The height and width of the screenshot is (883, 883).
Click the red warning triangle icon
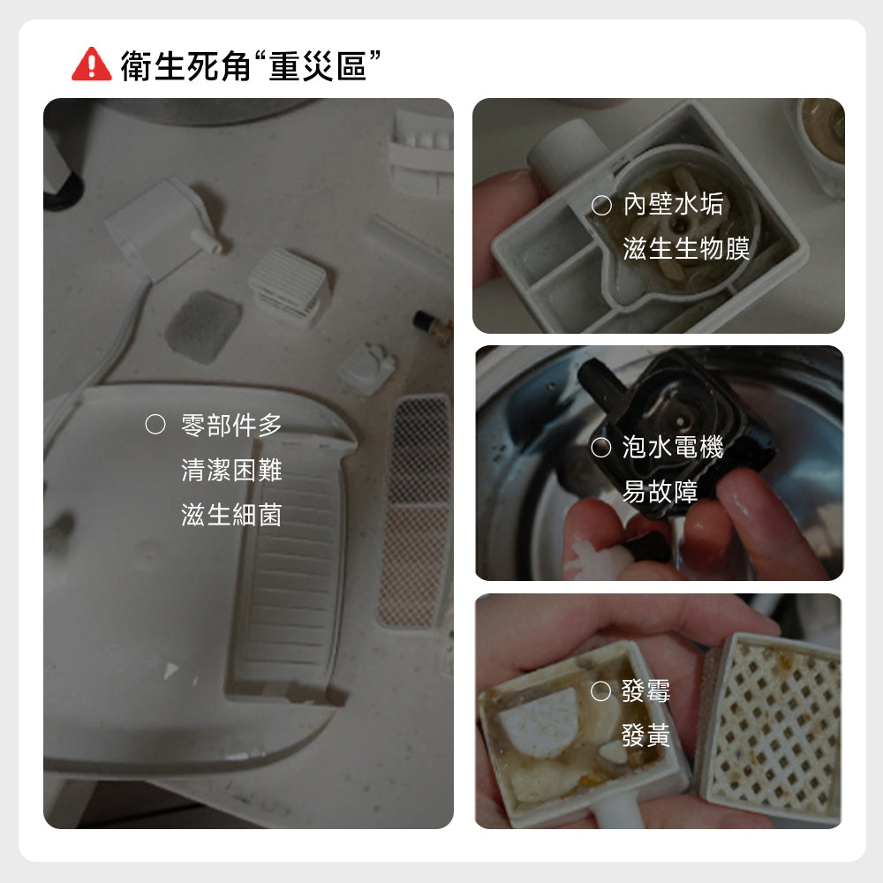(92, 64)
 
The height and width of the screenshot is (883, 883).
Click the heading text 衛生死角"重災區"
(251, 65)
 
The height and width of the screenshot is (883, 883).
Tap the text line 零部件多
(231, 425)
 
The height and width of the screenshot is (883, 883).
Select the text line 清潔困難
(231, 470)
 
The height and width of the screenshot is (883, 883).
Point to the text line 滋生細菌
(231, 515)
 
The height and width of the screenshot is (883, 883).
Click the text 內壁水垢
(673, 204)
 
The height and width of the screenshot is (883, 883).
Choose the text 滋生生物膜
(686, 248)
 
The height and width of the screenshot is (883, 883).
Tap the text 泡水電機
(673, 447)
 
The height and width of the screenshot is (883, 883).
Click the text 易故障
(660, 492)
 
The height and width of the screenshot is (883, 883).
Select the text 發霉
(646, 691)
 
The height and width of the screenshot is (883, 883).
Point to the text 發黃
(646, 736)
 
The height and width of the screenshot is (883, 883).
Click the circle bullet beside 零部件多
(155, 425)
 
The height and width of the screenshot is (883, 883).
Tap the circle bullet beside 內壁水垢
(601, 205)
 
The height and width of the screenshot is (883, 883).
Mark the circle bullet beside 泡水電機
(600, 448)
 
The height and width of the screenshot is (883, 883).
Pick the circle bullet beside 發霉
(600, 691)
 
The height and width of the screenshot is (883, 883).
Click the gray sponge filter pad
(203, 327)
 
